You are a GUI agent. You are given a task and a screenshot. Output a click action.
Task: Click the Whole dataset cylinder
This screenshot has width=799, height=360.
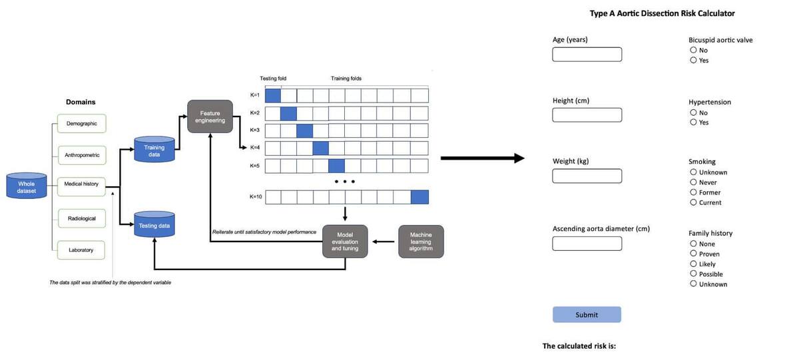tap(27, 186)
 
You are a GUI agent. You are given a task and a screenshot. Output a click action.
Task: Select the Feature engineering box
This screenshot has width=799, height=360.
tap(210, 116)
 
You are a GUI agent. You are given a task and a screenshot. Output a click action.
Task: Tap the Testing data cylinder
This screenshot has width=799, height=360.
tap(154, 224)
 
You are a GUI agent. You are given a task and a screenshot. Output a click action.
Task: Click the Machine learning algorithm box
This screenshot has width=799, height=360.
tap(421, 242)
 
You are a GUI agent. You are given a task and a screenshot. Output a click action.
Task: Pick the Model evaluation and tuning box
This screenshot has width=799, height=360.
tap(345, 242)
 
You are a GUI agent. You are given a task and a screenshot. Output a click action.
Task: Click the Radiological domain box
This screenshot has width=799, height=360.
tap(82, 218)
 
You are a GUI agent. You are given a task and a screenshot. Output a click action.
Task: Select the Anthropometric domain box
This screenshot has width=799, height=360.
tap(82, 155)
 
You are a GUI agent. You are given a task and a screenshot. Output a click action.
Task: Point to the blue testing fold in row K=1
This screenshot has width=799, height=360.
tap(273, 96)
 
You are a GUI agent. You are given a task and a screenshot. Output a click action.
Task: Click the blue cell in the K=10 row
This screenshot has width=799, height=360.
tap(420, 197)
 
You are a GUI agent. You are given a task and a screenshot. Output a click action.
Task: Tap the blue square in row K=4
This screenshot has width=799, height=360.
tap(321, 148)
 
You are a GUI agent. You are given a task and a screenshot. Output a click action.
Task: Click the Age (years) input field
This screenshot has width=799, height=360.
tap(587, 54)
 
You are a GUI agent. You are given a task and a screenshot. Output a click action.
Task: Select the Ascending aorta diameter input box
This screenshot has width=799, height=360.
tap(587, 244)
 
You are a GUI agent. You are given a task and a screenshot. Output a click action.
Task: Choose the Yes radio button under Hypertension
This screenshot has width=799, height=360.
tap(693, 122)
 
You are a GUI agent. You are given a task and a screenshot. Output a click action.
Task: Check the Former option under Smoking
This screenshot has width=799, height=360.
tap(693, 192)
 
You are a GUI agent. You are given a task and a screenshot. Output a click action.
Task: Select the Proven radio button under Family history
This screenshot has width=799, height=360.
tap(693, 254)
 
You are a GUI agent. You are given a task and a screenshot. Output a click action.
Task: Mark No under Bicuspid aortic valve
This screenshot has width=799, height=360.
tap(693, 50)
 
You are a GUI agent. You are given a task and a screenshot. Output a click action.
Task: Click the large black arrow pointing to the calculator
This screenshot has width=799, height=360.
tap(483, 158)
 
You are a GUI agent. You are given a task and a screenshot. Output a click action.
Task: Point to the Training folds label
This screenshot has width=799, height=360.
tap(346, 79)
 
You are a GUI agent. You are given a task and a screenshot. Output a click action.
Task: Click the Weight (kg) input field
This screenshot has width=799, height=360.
tap(587, 176)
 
